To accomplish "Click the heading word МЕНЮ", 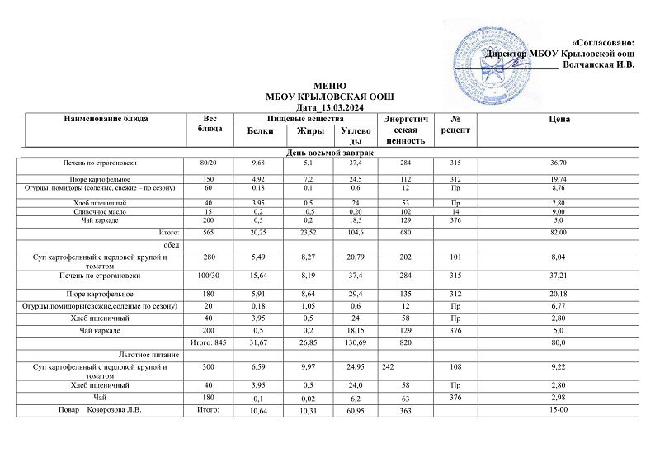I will coord(330,86).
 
